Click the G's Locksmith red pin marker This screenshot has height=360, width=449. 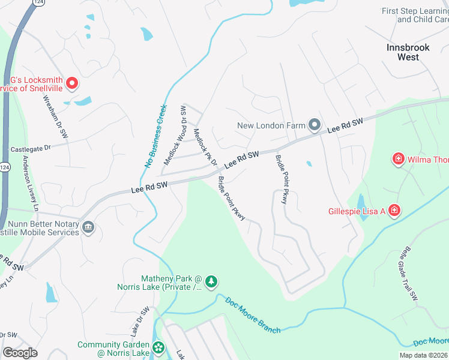click(x=72, y=83)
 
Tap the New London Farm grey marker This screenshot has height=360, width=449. click(x=315, y=125)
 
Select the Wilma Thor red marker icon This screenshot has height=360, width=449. click(x=398, y=159)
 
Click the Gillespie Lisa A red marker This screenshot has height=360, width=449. click(x=394, y=211)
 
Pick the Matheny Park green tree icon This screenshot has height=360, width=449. click(x=211, y=281)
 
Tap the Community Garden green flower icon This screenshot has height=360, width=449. click(x=158, y=347)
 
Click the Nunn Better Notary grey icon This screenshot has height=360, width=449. click(x=88, y=227)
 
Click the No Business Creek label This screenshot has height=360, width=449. click(x=155, y=137)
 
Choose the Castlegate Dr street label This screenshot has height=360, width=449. click(x=31, y=147)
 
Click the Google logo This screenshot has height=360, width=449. click(x=20, y=353)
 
